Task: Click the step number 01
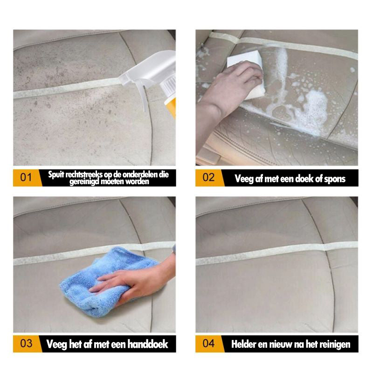click(26, 178)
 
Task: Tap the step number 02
click(208, 178)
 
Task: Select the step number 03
click(26, 344)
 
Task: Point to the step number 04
click(208, 344)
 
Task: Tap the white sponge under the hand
click(248, 71)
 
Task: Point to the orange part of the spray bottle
click(172, 108)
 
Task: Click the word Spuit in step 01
click(56, 175)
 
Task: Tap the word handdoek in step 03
click(148, 344)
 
